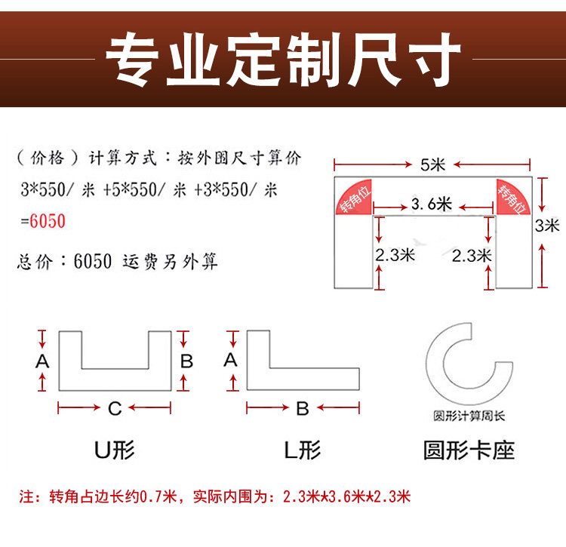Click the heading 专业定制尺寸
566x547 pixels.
(x=283, y=57)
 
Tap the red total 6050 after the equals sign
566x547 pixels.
(x=48, y=222)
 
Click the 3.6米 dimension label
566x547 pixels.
(x=432, y=204)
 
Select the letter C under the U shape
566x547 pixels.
(x=115, y=409)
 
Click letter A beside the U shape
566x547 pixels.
(x=42, y=361)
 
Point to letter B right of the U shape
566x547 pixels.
(x=186, y=361)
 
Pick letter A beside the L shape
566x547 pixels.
(x=231, y=360)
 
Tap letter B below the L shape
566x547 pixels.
(x=303, y=409)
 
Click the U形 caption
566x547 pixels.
(x=115, y=451)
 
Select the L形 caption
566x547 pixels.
(x=302, y=451)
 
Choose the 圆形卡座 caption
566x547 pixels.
(x=469, y=451)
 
